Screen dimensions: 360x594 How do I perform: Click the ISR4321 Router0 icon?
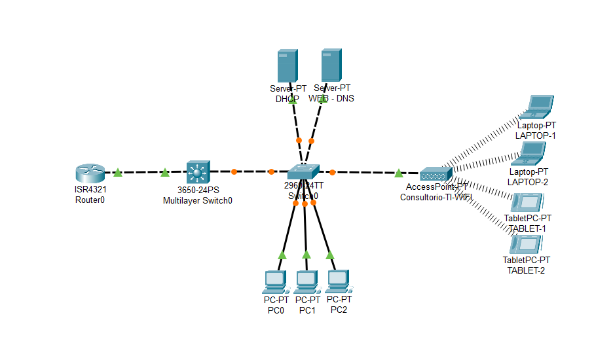coord(90,173)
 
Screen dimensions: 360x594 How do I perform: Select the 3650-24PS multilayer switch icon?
coord(197,172)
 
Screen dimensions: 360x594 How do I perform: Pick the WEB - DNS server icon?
coord(331,65)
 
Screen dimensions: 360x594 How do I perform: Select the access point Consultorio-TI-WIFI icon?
coord(436,174)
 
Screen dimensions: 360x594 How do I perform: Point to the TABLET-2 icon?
coord(525,245)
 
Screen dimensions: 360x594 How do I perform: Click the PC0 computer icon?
coord(275,281)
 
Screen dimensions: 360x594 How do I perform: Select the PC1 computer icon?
coord(306,281)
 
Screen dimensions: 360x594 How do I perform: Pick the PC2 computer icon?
coord(338,281)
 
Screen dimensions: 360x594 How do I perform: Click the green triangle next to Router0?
coord(118,173)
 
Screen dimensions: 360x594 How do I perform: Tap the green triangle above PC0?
coord(282,255)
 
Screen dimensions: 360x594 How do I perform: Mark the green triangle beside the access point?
coord(398,173)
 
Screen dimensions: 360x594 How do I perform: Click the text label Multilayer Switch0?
coord(197,201)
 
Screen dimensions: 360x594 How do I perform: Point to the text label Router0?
coord(90,200)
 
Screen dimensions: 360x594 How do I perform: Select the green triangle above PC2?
coord(329,255)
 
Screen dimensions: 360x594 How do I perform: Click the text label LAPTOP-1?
coord(535,135)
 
